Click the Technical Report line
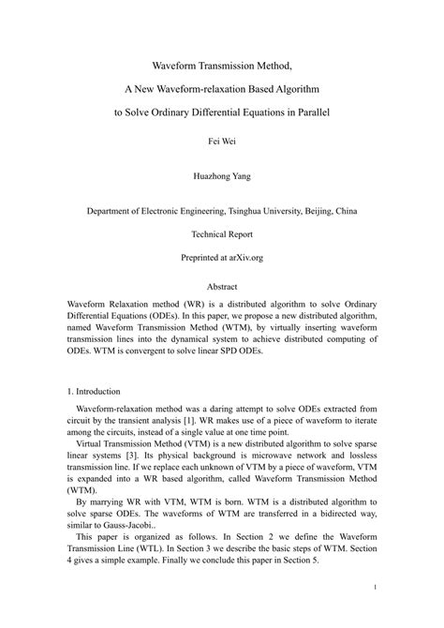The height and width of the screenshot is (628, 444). [x=222, y=234]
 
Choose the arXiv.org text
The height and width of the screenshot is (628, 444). [x=244, y=256]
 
